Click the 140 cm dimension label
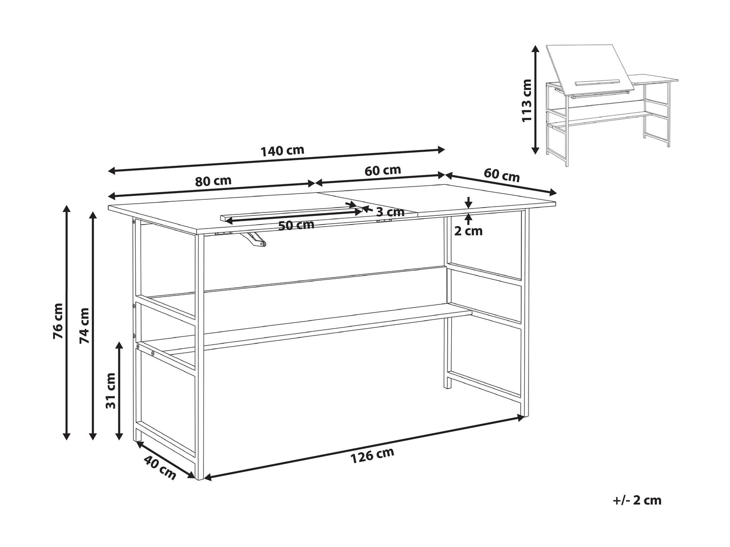pyautogui.click(x=282, y=151)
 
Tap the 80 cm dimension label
pyautogui.click(x=213, y=181)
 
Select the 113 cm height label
pyautogui.click(x=527, y=101)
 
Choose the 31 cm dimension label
pyautogui.click(x=110, y=391)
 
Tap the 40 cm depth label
pyautogui.click(x=160, y=468)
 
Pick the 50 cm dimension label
pyautogui.click(x=296, y=226)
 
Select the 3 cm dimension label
pyautogui.click(x=390, y=212)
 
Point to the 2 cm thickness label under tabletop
pyautogui.click(x=468, y=231)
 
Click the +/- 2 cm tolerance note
pyautogui.click(x=637, y=510)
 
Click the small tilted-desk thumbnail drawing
pyautogui.click(x=612, y=105)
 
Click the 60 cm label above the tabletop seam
pyautogui.click(x=383, y=170)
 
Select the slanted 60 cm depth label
pyautogui.click(x=502, y=175)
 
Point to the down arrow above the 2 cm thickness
pyautogui.click(x=468, y=202)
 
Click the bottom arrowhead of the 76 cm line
pyautogui.click(x=67, y=435)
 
